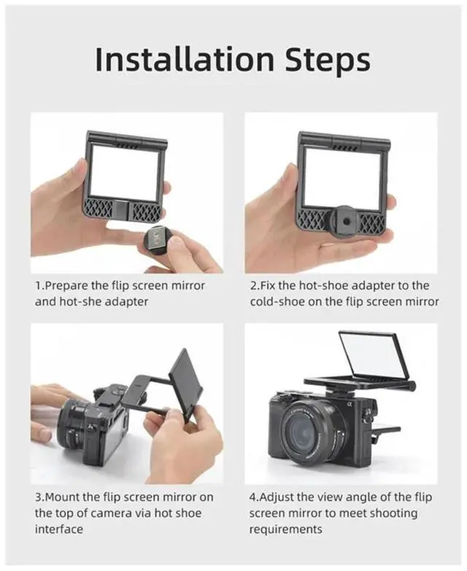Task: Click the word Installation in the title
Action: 185,59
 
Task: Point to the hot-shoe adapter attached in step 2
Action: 344,220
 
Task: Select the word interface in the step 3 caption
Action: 59,529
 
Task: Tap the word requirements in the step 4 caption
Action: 285,529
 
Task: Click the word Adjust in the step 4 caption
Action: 277,497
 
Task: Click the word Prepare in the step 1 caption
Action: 66,286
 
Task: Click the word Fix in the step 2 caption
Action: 268,286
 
